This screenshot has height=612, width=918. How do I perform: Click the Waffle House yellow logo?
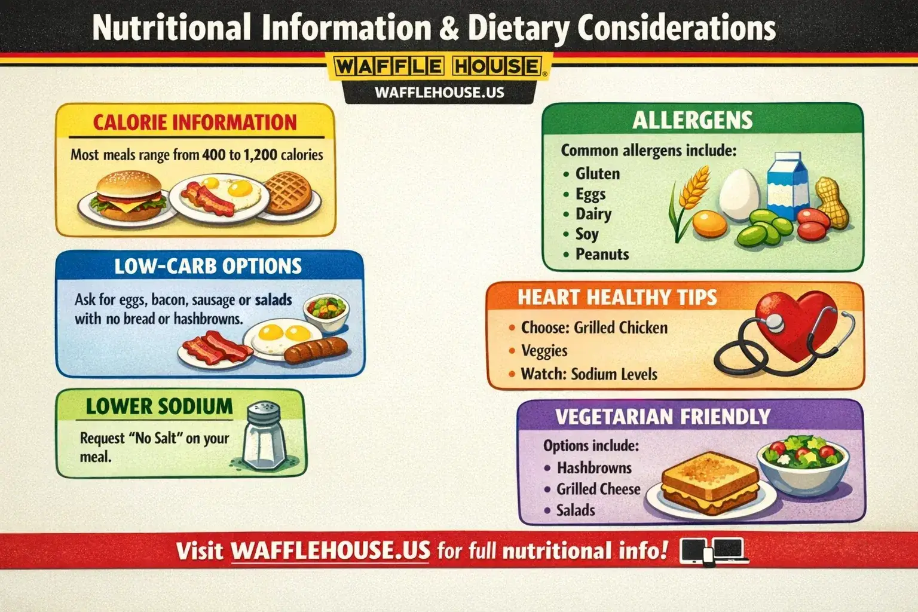coord(439,66)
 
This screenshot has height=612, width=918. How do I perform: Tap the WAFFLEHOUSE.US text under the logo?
coord(439,93)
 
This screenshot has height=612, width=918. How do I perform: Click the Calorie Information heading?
coord(195,123)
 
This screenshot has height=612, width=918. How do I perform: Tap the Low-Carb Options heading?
coord(208,266)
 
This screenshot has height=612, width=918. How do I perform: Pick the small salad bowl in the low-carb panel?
coord(326,311)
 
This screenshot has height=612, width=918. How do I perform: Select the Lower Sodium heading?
coord(159,406)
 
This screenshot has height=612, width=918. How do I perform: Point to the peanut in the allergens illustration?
coord(833,202)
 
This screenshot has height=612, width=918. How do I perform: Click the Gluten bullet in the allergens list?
coord(596,174)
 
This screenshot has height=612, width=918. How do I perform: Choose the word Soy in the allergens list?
coord(586,234)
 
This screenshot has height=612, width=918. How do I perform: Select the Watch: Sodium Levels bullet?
coord(588,374)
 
